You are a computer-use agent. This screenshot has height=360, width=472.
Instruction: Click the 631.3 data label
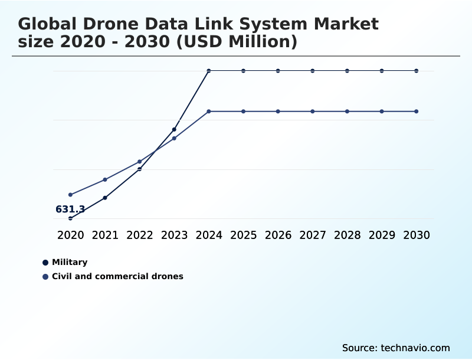pos(70,209)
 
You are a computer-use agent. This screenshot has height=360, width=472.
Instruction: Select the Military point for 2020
pos(70,218)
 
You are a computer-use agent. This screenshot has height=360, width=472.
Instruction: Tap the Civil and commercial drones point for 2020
pos(70,195)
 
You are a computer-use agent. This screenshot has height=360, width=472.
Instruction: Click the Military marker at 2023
pos(174,129)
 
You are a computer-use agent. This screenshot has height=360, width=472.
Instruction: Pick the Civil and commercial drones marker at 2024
pos(209,112)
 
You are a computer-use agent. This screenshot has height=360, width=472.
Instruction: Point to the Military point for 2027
pos(313,71)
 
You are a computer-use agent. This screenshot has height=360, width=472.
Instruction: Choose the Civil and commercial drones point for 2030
pos(417,112)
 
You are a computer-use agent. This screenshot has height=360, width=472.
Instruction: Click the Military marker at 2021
pos(105,198)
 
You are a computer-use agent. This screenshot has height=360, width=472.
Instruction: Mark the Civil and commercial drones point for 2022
pos(140,162)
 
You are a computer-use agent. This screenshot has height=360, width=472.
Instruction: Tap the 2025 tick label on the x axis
pos(243,235)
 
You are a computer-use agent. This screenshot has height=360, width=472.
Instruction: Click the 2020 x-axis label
pos(70,235)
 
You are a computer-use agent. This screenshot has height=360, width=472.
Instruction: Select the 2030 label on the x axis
pos(417,235)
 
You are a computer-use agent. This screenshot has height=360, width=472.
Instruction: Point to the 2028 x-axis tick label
pos(347,235)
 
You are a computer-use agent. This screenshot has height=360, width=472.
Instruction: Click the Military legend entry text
pos(70,262)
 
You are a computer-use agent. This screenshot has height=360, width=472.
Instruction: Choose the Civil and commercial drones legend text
pos(117,276)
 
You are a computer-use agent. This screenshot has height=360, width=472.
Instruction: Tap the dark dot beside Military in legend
pos(45,263)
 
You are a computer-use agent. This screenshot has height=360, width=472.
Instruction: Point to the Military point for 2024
pos(209,71)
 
